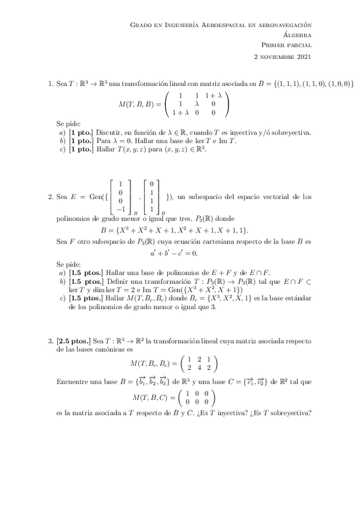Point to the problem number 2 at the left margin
(x=50, y=196)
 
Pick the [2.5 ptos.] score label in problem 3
(x=73, y=340)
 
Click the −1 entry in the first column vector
(x=120, y=209)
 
